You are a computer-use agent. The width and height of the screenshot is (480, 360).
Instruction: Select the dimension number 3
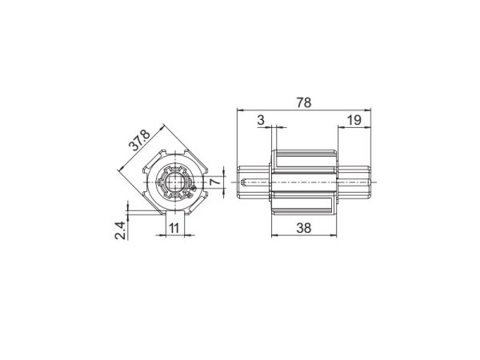coord(262,119)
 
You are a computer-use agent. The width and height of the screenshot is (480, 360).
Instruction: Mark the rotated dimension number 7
coord(214,182)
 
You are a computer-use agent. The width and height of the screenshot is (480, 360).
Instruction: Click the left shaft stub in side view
coord(254,182)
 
